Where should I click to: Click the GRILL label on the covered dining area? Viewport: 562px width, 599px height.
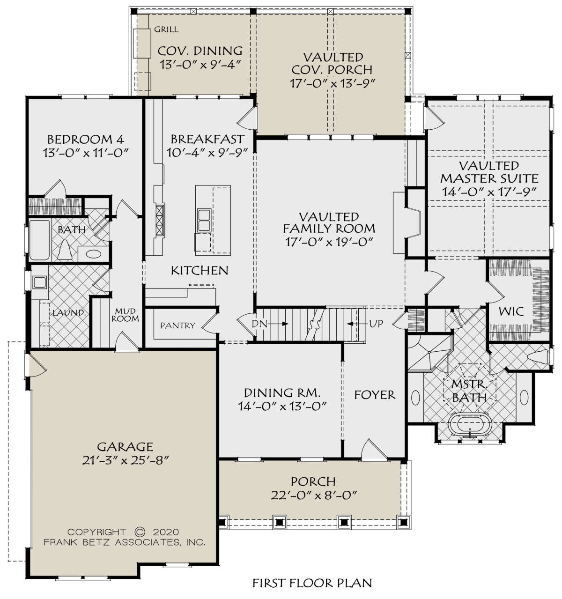click(x=166, y=29)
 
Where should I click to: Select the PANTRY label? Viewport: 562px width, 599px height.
click(x=177, y=325)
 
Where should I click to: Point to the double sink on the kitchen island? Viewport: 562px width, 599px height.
click(x=204, y=220)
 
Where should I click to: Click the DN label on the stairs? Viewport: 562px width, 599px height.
click(x=259, y=324)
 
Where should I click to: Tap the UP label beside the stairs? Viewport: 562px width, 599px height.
click(x=376, y=324)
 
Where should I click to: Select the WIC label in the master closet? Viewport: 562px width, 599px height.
click(x=510, y=311)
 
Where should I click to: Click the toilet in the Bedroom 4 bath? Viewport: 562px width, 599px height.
click(x=65, y=250)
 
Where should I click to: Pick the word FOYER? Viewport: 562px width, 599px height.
click(x=374, y=395)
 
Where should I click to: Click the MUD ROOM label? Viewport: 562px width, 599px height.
click(x=125, y=315)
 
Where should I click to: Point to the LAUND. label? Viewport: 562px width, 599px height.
click(x=69, y=313)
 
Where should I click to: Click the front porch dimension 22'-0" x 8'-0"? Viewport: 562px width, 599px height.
click(x=314, y=495)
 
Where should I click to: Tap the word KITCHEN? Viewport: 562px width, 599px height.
click(x=200, y=271)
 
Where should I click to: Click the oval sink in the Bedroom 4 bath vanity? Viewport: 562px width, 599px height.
click(x=94, y=254)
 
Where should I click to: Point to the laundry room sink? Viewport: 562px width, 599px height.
click(x=39, y=282)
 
